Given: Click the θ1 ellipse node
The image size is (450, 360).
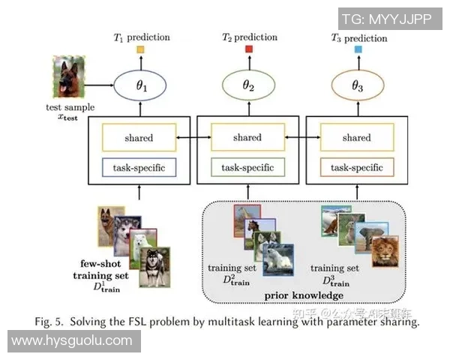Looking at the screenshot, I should pos(140,88).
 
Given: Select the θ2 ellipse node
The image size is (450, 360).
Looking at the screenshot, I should pos(248,88).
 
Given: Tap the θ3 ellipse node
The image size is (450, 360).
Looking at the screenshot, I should pos(357,88).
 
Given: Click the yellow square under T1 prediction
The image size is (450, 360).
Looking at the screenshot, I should pos(139,50).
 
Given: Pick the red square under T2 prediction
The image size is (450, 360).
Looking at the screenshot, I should pos(249,50).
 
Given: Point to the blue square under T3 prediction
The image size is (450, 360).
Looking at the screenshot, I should pos(357,50).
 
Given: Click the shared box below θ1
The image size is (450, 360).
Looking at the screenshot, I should pos(140,138).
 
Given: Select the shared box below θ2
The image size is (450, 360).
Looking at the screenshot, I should pos(247,138).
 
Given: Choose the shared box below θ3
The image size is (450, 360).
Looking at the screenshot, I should pos(356,138).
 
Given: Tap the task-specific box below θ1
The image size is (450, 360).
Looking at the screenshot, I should pos(140,167).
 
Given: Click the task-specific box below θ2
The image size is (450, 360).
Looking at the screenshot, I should pos(247,167).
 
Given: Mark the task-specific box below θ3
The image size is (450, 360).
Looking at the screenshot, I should pos(356,167).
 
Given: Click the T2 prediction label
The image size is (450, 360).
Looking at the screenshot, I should pos(247,37).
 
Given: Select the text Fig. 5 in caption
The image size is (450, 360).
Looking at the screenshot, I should pos(49,322).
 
